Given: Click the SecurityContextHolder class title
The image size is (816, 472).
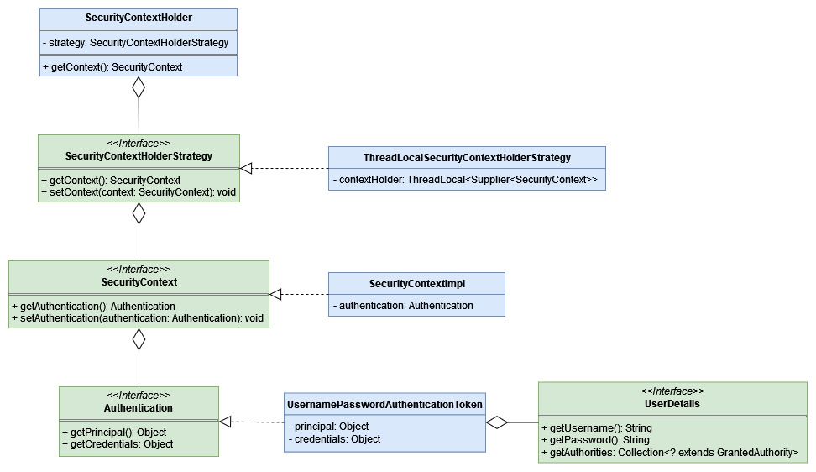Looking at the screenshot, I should pos(138,18).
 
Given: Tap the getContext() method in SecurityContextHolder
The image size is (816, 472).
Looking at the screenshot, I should pos(112,66).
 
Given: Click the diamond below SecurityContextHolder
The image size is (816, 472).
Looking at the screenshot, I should pos(139,87).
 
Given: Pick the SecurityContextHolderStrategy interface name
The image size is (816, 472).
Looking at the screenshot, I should pos(139,156).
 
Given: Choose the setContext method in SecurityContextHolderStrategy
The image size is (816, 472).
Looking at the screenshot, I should pos(139,192).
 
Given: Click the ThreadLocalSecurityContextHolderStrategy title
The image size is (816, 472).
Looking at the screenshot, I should pos(467,158).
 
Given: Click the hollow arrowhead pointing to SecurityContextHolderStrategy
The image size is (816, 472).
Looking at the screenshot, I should pos(246,169).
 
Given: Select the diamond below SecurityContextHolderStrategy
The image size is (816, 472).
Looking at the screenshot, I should pos(139,212).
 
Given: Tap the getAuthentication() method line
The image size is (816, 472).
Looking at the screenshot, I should pos(94,306).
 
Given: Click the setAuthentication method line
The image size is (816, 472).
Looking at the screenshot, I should pos(139,318).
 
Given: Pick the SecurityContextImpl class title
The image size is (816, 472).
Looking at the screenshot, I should pos(416,284).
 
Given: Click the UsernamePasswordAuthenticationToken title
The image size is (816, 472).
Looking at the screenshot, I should pos(384,405).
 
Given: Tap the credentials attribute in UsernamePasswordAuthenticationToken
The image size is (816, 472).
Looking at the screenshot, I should pos(334,439).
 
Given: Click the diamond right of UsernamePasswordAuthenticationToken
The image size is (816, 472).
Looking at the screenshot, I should pos(498,422).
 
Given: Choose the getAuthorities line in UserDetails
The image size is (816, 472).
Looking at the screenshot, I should pos(670,452).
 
